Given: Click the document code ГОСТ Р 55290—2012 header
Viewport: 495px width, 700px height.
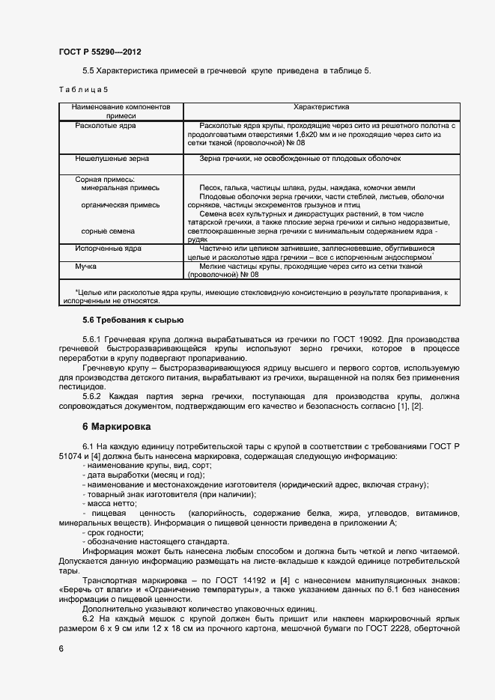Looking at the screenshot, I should coord(100,52).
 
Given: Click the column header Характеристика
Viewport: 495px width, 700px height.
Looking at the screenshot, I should coord(321,107).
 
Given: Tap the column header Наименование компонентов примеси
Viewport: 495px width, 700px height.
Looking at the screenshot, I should coord(121,112).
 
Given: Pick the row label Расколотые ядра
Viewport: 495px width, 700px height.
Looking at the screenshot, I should coord(106,126).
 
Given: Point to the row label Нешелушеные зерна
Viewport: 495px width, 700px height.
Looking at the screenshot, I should coord(112,159).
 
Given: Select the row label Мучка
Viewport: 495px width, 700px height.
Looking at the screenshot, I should coord(86,266).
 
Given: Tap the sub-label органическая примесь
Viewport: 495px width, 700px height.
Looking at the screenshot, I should coord(120,204).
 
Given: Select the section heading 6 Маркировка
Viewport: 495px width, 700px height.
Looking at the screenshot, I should coord(117,427).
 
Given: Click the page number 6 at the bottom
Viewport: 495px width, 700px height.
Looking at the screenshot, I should coord(61,648).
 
